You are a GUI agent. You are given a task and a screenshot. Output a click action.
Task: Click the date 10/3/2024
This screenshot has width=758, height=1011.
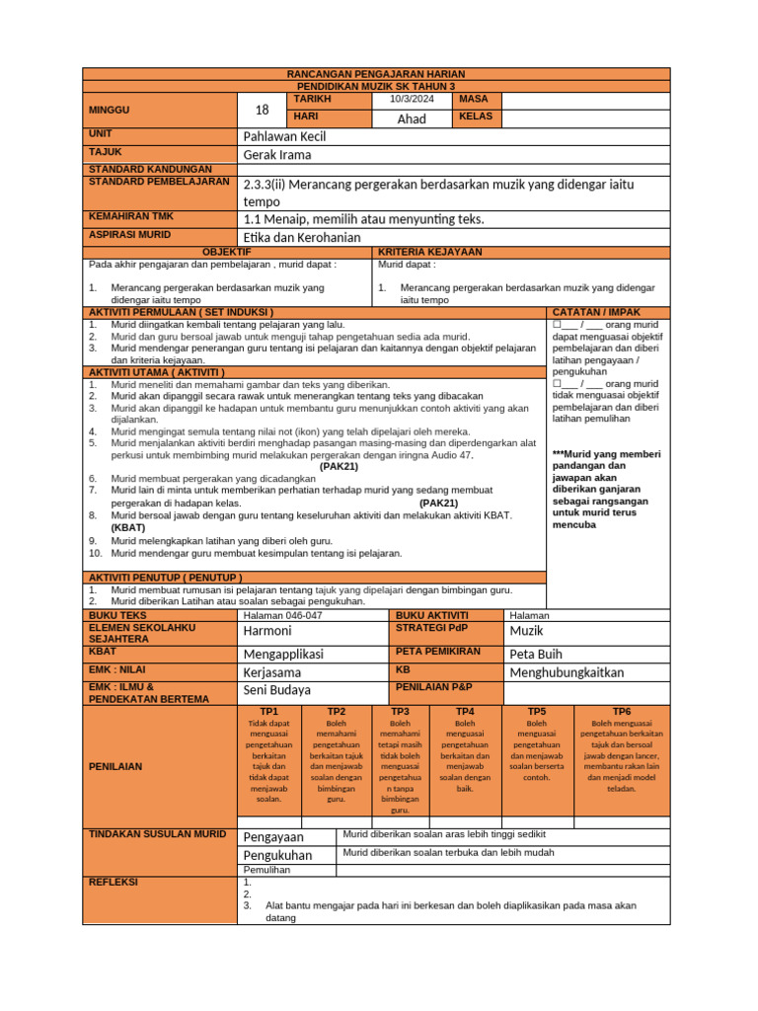pos(411,100)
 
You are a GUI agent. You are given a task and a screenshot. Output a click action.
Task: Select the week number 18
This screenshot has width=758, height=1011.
pos(262,110)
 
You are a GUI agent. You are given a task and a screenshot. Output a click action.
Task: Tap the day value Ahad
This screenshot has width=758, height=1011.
pos(411,118)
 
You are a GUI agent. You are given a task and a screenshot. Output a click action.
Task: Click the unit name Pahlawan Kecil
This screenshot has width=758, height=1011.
pos(284,136)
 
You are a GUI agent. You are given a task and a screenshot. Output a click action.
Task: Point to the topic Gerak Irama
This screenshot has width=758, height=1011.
pos(277,155)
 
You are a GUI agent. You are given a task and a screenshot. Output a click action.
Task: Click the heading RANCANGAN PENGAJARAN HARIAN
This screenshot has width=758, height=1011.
pos(375,74)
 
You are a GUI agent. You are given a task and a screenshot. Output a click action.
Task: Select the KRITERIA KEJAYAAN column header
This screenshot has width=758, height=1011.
pos(430,253)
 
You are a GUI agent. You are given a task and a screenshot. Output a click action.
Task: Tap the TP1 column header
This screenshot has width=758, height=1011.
pos(269,711)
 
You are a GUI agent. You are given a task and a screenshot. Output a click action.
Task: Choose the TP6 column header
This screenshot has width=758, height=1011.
pos(621,711)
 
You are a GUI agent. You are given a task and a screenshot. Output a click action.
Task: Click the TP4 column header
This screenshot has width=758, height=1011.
pos(465,711)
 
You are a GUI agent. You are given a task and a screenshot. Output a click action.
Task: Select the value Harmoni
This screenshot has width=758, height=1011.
pos(267,630)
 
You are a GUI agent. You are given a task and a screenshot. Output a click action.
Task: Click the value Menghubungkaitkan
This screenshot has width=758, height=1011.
pos(567,672)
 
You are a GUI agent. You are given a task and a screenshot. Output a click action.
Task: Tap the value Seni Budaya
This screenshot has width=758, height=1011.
pos(276,690)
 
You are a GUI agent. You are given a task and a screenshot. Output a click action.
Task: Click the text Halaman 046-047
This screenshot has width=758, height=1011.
pos(282,615)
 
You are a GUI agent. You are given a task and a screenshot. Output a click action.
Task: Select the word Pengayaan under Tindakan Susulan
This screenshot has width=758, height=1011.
pos(273,837)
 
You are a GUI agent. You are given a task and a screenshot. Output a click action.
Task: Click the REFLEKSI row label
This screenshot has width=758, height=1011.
pos(114,882)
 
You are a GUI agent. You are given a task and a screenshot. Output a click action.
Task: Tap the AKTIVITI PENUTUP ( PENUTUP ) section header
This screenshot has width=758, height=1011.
pos(166,577)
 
